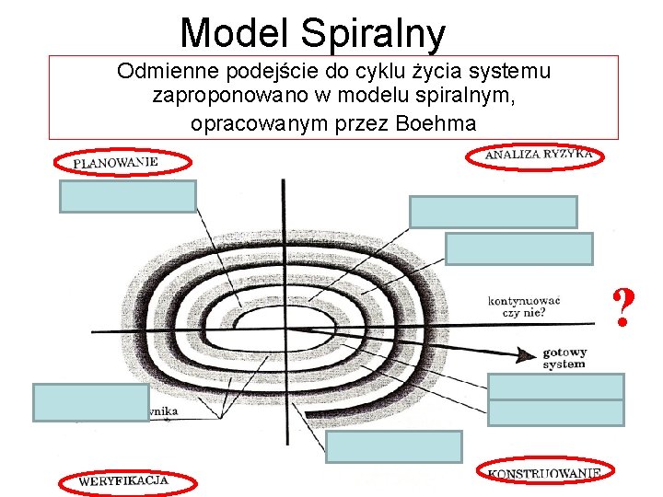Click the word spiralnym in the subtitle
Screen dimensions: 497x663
(x=469, y=97)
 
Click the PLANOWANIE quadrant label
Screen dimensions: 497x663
(x=116, y=162)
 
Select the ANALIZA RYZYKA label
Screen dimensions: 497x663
(x=539, y=155)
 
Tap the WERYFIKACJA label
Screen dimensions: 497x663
(x=123, y=480)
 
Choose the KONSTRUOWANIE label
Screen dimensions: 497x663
(x=544, y=473)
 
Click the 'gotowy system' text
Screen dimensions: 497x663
(x=564, y=358)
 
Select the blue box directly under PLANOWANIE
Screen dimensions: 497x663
(x=128, y=196)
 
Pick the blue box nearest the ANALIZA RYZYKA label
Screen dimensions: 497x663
(x=494, y=212)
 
